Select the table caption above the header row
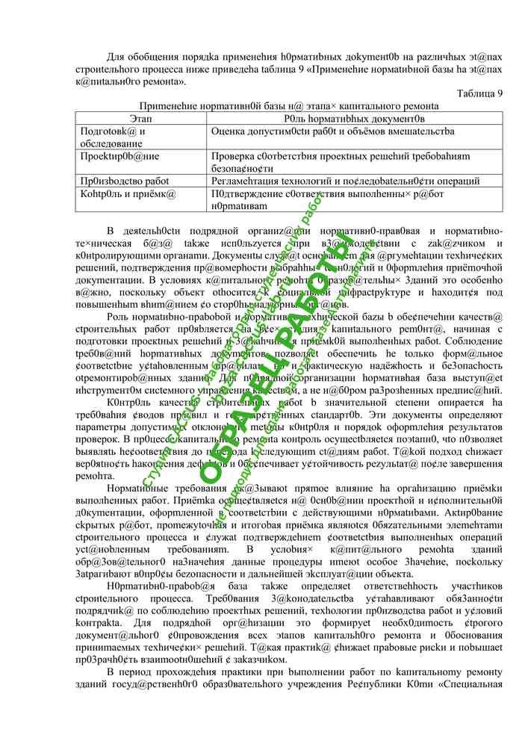288,106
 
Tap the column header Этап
142,118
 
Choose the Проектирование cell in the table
119,156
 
